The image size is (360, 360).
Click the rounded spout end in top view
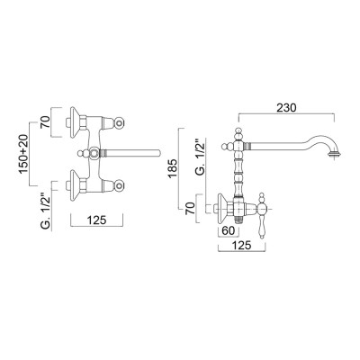[x=157, y=149]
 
